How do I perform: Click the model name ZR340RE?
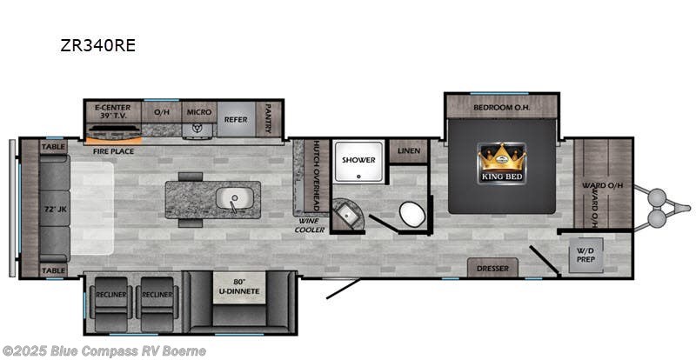(97, 45)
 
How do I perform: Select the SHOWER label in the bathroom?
(358, 160)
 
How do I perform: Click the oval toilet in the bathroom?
(412, 214)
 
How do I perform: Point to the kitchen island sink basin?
(235, 198)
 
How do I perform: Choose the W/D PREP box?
(586, 256)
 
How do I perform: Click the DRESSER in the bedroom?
(492, 268)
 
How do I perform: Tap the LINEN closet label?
(409, 151)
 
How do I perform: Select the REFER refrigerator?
(236, 119)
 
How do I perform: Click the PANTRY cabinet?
(269, 119)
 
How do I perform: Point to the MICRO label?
(199, 112)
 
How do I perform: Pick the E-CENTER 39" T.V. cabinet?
(113, 112)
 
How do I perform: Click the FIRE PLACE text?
(113, 151)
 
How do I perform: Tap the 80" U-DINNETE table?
(240, 287)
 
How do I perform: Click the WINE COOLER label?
(310, 226)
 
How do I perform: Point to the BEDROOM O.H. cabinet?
(502, 107)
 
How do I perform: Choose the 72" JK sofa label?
(56, 209)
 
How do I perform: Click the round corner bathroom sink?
(349, 216)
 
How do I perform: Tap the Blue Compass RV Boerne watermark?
(104, 351)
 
